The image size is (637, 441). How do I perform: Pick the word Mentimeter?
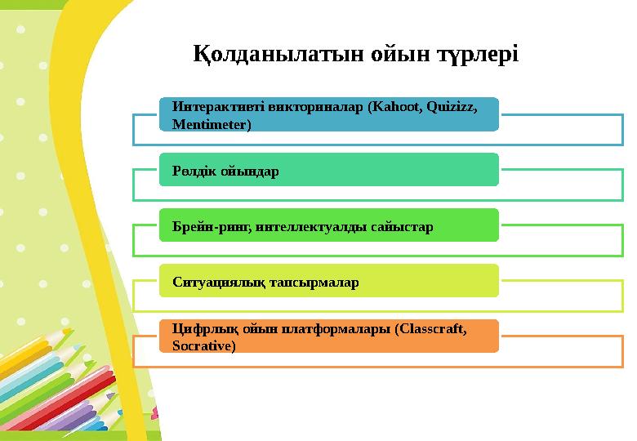[212, 124]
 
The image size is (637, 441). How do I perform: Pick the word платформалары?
[325, 329]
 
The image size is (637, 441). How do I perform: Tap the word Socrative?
[203, 346]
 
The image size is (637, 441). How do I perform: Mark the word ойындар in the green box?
[250, 171]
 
